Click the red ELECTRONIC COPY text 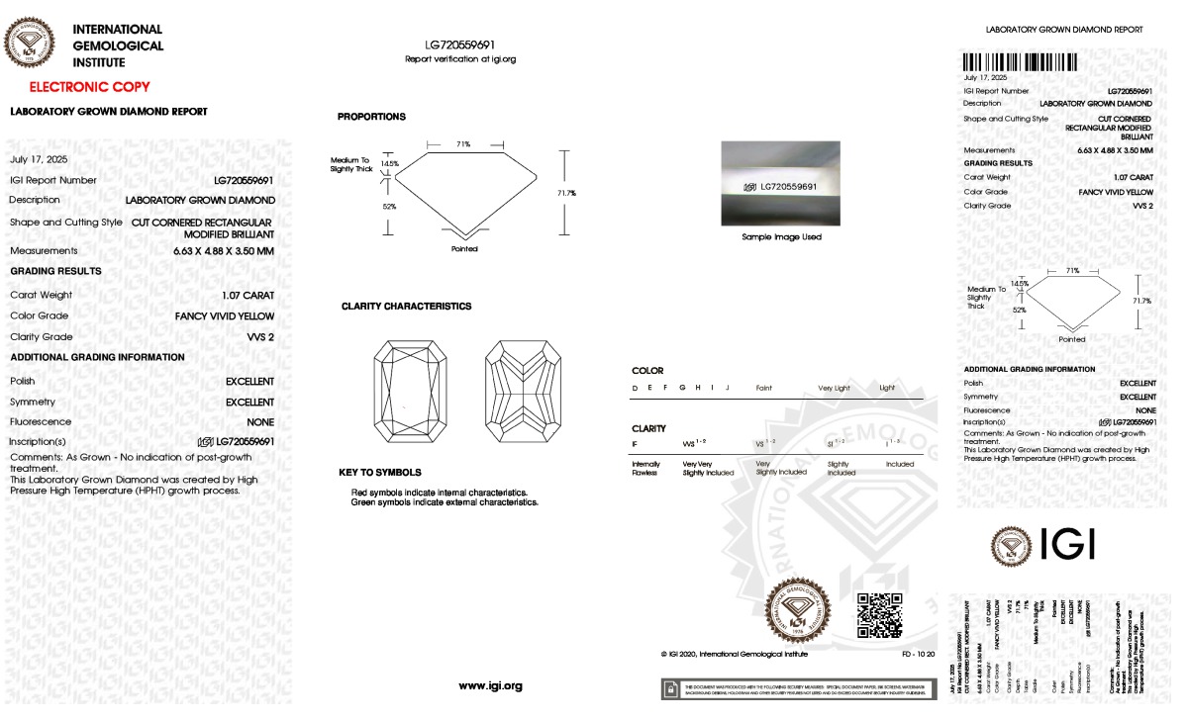(x=89, y=87)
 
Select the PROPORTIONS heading (x=371, y=117)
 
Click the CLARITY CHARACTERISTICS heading (x=406, y=307)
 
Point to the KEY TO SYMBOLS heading (x=380, y=473)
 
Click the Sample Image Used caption (x=782, y=237)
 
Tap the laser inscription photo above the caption (x=782, y=185)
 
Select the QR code (x=879, y=615)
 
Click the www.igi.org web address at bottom (x=490, y=685)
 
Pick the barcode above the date (x=1021, y=61)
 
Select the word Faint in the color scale (x=763, y=388)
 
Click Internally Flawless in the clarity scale (x=645, y=468)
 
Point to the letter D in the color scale (x=635, y=388)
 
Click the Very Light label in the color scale (x=834, y=388)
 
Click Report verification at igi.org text (x=460, y=59)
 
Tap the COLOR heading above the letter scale (x=647, y=371)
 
